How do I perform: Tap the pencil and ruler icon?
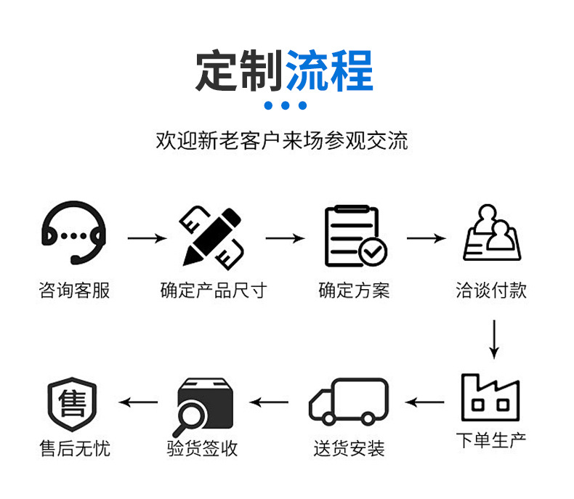(212, 235)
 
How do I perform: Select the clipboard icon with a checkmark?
(355, 236)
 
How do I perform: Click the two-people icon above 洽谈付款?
(492, 232)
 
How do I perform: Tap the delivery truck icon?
(349, 401)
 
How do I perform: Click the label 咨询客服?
(74, 291)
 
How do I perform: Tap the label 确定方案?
(354, 291)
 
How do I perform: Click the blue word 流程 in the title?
(329, 71)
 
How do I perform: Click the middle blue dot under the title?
(286, 106)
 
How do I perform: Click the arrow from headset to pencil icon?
(147, 238)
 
